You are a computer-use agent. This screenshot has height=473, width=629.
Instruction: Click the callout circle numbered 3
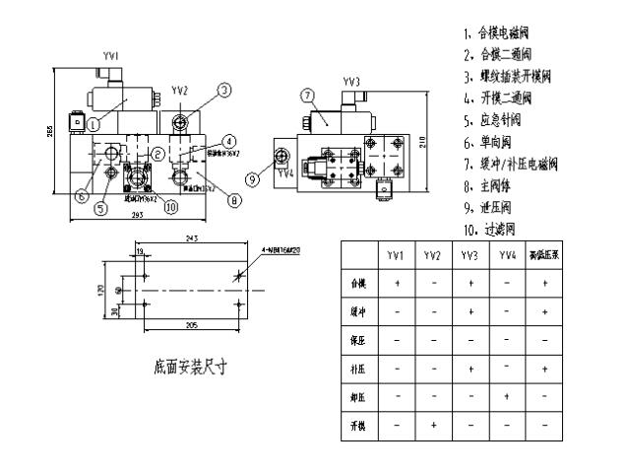tap(224, 90)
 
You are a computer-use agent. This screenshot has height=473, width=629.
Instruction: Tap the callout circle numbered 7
tap(306, 96)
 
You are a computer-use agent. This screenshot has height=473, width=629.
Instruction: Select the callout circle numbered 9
tap(253, 179)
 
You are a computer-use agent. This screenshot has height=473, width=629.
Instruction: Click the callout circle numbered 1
tap(92, 125)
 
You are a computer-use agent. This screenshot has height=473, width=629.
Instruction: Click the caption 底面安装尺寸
tap(191, 368)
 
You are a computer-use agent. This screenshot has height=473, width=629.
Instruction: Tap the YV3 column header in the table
tap(469, 254)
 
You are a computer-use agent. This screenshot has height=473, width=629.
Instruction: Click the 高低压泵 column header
tap(544, 254)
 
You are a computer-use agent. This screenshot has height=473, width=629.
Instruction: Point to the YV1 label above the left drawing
tap(111, 57)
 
